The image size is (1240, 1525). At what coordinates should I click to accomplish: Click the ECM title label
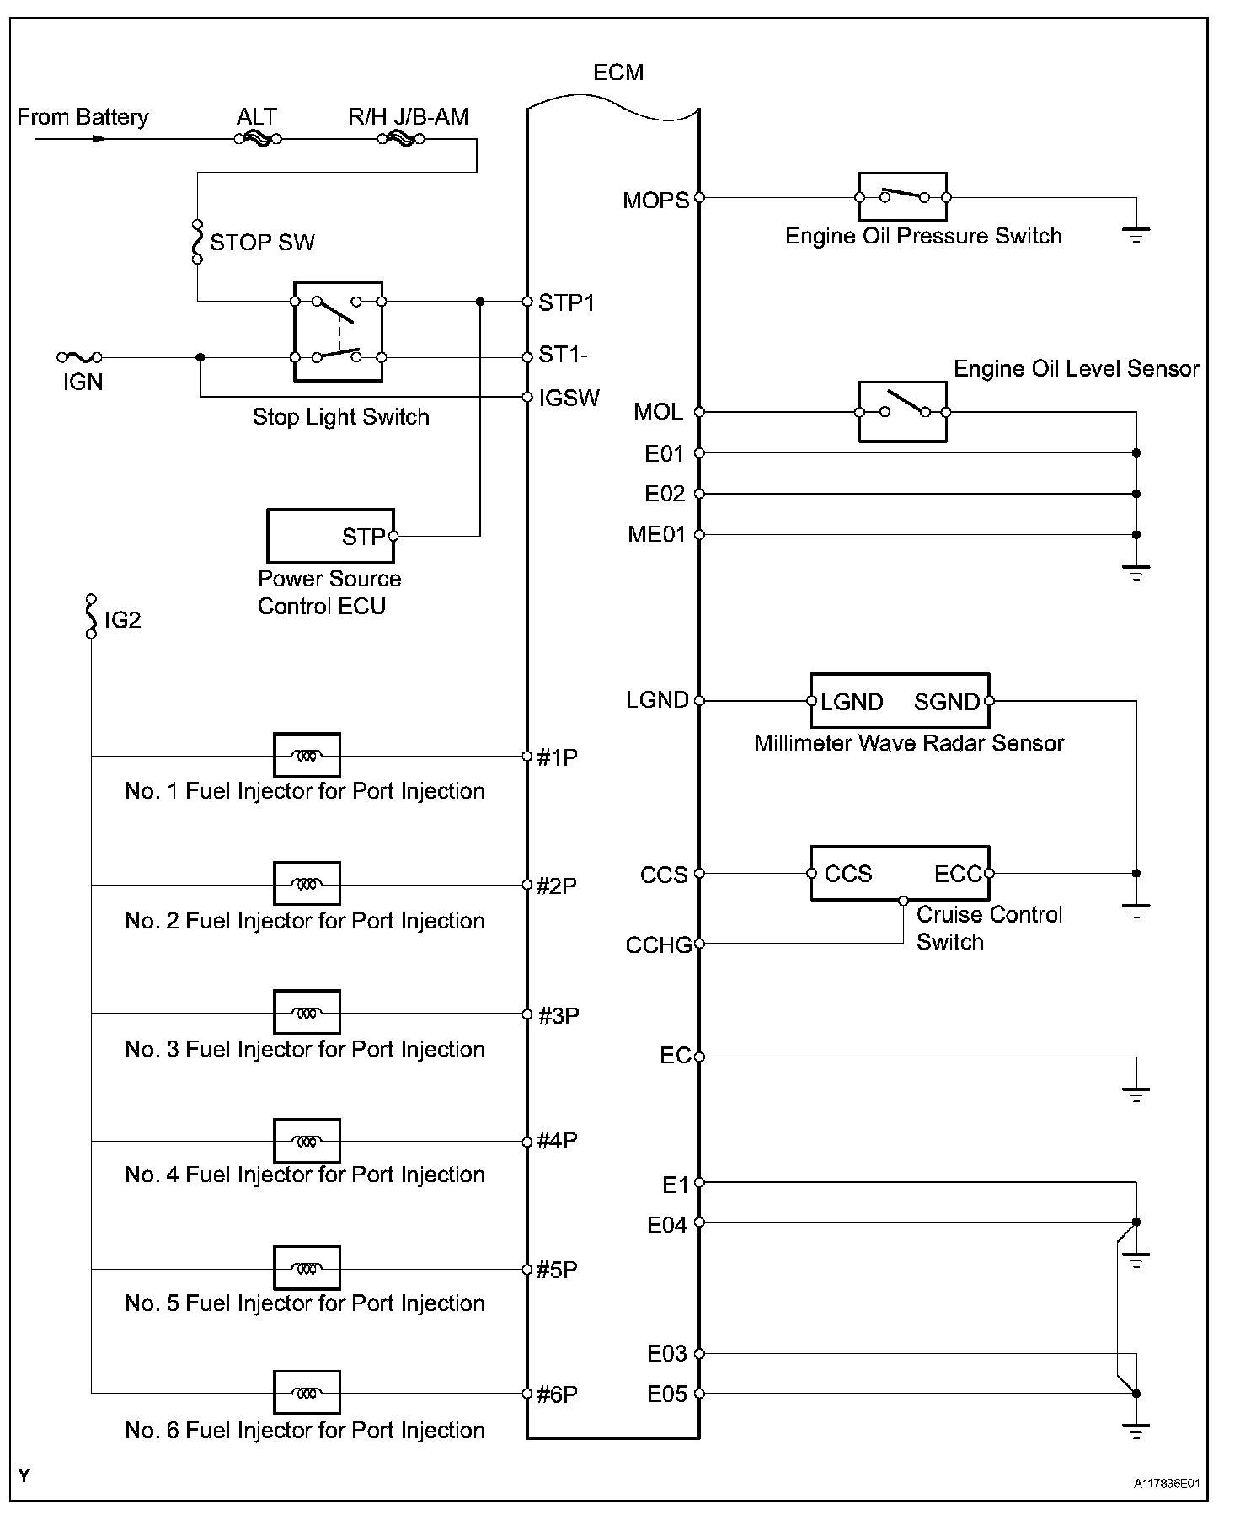618,72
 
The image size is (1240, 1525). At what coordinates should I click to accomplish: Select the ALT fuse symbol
258,140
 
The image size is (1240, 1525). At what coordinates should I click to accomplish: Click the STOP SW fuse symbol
197,242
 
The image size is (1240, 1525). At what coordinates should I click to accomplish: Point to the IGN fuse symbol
80,358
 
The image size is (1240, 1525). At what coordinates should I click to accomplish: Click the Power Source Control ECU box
330,536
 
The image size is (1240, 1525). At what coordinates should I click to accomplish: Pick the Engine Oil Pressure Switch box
902,198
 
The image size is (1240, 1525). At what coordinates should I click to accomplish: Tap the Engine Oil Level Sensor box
902,412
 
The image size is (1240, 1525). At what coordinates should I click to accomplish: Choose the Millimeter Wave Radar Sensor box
900,701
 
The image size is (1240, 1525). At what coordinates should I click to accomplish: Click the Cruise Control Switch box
900,874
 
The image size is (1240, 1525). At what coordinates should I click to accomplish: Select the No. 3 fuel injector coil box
307,1013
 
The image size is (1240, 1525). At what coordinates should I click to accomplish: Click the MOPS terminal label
655,201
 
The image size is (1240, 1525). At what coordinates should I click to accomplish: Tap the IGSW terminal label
569,398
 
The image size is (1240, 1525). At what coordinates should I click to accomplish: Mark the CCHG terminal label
658,945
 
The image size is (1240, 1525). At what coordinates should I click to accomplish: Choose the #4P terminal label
557,1141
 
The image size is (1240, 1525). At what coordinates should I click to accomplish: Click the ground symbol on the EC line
1136,1093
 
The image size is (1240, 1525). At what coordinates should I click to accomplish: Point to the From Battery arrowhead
99,139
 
